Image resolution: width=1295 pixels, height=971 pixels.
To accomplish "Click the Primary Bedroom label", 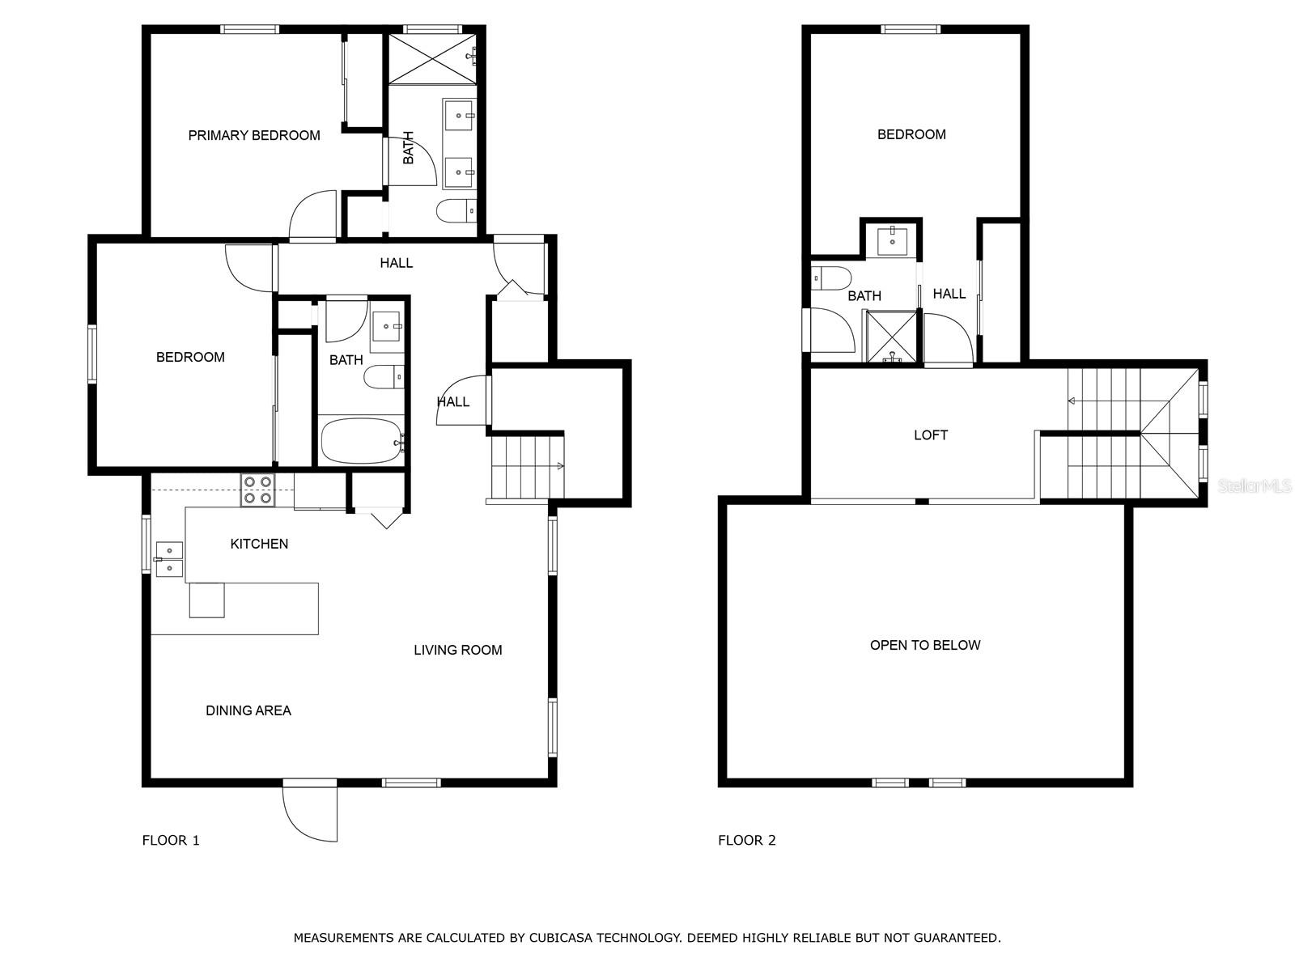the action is [x=253, y=136].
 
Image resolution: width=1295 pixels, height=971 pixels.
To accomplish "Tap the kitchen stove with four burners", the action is [x=258, y=490].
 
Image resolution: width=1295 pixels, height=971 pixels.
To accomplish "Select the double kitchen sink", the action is [x=168, y=559].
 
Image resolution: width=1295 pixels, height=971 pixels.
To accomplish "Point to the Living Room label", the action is [x=458, y=651].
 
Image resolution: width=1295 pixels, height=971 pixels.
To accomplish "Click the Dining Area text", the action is [x=248, y=711].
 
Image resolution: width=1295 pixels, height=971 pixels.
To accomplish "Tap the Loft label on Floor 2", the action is [x=931, y=435].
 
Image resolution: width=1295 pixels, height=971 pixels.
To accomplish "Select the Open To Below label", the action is [x=925, y=645].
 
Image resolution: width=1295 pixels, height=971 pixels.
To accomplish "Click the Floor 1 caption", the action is [x=171, y=840].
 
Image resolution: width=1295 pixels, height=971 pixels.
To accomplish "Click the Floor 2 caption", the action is [x=747, y=840].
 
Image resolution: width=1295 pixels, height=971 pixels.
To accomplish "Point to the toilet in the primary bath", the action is [x=456, y=211].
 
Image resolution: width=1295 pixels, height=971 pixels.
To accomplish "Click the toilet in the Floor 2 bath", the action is [x=831, y=278].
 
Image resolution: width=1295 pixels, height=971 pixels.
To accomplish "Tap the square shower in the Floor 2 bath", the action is [x=891, y=337].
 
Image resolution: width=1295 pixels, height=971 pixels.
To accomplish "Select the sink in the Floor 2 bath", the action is [x=892, y=242].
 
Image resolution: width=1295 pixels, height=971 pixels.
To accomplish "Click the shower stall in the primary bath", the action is [x=432, y=58].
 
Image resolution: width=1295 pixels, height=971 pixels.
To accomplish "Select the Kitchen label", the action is [x=259, y=544].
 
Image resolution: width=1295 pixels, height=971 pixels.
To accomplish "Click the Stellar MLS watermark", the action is [x=1255, y=485].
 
